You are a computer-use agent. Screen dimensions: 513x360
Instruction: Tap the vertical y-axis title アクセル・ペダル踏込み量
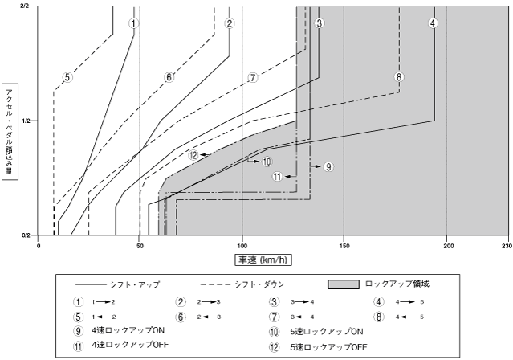tap(9, 127)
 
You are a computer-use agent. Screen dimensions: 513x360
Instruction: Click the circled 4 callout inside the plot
tap(433, 22)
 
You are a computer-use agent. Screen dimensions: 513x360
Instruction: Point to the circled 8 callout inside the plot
tap(399, 77)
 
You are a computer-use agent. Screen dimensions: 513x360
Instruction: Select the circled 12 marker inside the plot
tap(193, 154)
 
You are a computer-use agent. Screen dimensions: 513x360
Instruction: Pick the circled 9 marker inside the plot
tap(328, 166)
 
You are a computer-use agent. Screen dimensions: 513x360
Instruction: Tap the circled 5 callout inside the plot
tap(67, 78)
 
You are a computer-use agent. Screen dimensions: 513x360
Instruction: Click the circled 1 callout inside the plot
tap(134, 22)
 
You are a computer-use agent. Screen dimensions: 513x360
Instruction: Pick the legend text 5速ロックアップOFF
tap(319, 347)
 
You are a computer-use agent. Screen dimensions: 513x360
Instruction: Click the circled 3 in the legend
tap(276, 303)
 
